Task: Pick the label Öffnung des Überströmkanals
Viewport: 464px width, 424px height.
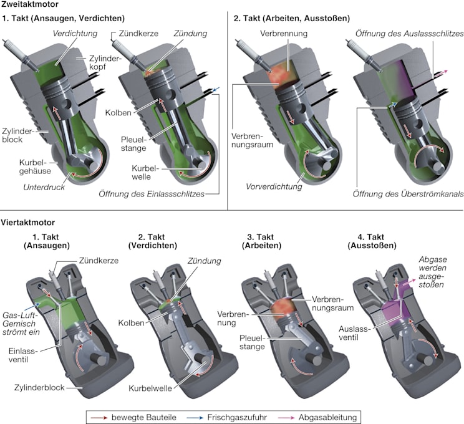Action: [408, 194]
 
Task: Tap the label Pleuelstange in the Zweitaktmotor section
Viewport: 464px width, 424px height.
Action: [133, 143]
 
